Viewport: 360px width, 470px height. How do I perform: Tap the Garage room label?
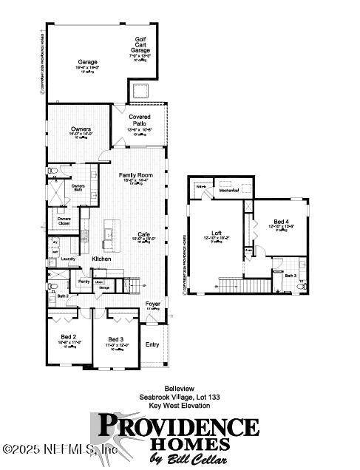[x=88, y=62]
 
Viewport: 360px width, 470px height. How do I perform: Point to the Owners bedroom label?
[x=81, y=129]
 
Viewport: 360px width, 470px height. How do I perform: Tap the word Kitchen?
[x=101, y=259]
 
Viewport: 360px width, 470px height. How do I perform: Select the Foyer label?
[x=153, y=304]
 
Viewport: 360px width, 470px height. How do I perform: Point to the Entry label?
[x=152, y=344]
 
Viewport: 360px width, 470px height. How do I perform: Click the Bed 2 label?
[x=69, y=337]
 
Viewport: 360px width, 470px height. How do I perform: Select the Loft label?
[x=216, y=234]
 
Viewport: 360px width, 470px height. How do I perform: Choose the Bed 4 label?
[x=281, y=221]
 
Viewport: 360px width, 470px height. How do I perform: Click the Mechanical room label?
[x=231, y=191]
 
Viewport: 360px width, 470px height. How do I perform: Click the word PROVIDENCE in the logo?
[x=179, y=426]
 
